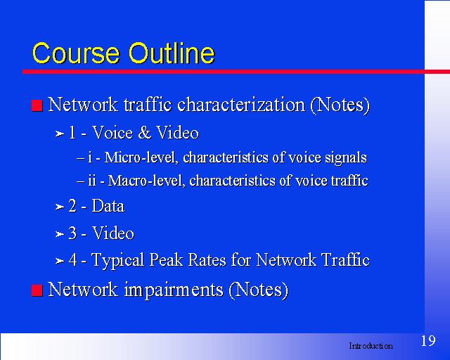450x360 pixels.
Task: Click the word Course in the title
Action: coord(76,53)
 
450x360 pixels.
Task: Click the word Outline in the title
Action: coord(172,53)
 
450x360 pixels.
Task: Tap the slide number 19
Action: coord(428,341)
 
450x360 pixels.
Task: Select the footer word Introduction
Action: coord(371,346)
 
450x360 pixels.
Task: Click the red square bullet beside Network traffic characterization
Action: coord(37,105)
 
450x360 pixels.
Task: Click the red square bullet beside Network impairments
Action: coord(37,290)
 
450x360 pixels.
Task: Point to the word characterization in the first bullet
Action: coord(241,105)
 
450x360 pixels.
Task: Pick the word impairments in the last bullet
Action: coord(174,290)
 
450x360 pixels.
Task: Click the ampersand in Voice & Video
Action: coord(145,133)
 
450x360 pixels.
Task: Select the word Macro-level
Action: coord(146,181)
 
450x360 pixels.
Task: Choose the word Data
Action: coord(108,206)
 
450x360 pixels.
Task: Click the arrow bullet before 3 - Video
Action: coord(60,234)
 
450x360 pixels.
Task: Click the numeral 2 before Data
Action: coord(72,206)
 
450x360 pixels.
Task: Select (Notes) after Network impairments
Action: coord(259,290)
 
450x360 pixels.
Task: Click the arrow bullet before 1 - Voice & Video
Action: coord(60,134)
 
